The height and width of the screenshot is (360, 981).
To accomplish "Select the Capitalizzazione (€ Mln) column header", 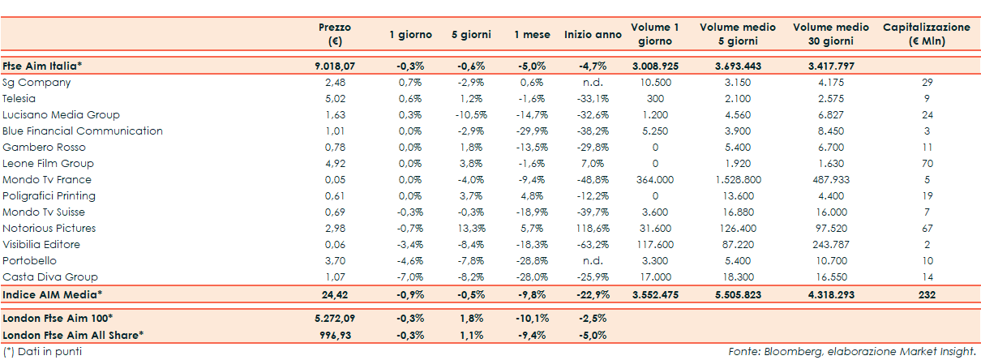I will coord(926,34).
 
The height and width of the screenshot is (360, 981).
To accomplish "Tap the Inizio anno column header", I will coord(593,35).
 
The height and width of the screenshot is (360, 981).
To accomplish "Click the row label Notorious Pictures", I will coord(49,228).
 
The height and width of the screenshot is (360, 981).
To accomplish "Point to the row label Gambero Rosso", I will coord(44,147).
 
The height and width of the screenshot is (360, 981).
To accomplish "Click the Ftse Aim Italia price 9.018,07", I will coord(334,66).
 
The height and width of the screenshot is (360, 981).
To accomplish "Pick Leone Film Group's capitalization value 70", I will coord(927,163).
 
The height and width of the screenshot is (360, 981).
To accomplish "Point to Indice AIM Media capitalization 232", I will coord(927,294).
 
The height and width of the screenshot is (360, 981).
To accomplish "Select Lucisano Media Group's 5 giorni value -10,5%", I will coord(470,114).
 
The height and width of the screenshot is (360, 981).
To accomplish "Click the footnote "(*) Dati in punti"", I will coord(42,351).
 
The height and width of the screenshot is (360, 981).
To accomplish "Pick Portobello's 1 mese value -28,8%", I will coord(532,260).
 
